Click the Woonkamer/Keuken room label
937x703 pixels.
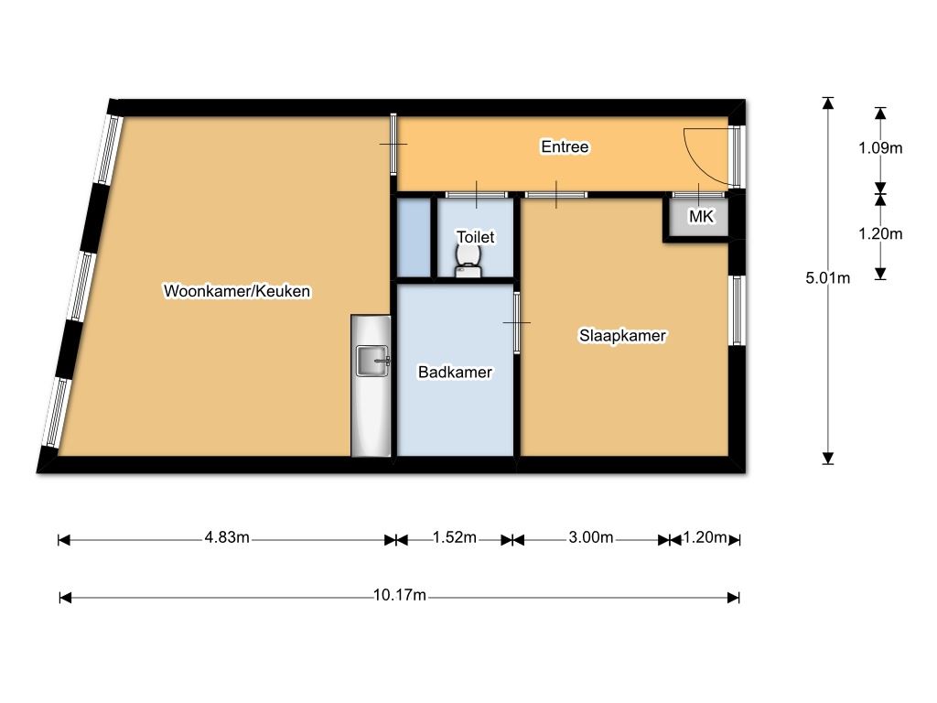point(237,291)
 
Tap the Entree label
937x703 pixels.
point(565,146)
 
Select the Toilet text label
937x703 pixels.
point(476,237)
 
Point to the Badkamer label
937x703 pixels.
point(455,372)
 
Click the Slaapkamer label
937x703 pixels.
point(622,335)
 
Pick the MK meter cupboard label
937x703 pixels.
point(701,216)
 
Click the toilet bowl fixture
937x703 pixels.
point(468,262)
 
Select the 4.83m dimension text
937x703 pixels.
point(227,537)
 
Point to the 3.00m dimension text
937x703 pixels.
point(590,537)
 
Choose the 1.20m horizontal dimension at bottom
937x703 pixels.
point(705,537)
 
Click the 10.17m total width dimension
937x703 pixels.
point(399,595)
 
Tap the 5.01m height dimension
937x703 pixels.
point(827,278)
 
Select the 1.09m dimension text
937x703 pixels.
point(880,147)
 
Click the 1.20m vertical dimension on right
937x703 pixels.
point(880,233)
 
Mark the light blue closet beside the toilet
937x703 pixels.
point(415,238)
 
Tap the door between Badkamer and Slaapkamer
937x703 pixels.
point(517,323)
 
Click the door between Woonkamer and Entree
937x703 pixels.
point(393,144)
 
